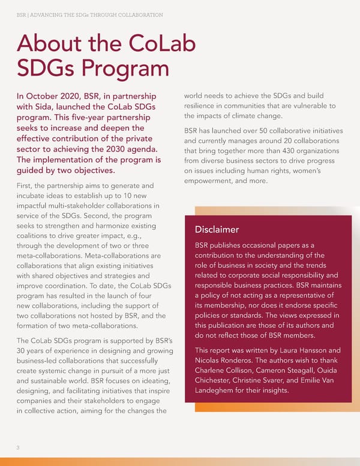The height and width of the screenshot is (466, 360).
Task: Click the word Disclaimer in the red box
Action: coord(217,229)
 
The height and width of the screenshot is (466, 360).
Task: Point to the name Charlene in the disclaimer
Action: coord(213,371)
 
